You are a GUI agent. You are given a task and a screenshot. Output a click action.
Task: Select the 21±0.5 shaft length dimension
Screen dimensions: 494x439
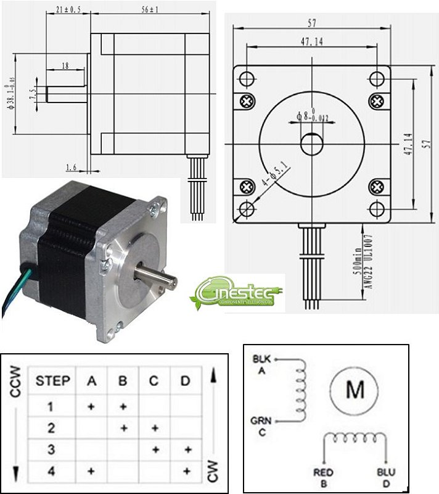68,10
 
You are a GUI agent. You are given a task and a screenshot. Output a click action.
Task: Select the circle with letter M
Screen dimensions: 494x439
355,390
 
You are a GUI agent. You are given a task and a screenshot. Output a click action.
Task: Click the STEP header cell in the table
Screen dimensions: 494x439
52,380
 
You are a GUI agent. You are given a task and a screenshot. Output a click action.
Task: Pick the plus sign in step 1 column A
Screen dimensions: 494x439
91,406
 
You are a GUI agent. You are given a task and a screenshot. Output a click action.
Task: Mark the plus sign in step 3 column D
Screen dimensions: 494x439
186,450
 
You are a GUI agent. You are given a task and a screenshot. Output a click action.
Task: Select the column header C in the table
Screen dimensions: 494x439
154,380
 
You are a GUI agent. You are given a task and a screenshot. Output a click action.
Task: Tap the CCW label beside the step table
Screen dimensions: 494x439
15,382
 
